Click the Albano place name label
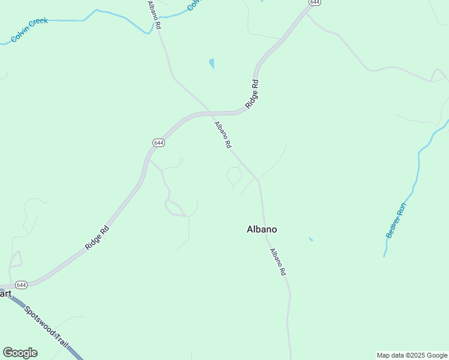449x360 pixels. (x=262, y=229)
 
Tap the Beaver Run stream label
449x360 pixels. (x=396, y=220)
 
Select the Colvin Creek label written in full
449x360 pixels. (x=29, y=30)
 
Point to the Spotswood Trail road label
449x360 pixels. (x=47, y=326)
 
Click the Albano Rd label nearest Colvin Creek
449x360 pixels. (x=154, y=15)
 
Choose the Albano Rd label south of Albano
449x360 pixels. (x=277, y=262)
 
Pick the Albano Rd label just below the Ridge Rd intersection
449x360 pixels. (x=223, y=134)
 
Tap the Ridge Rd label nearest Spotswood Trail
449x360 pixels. (x=97, y=237)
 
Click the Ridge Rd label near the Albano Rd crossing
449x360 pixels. (x=255, y=93)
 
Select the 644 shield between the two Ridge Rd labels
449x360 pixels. (x=158, y=143)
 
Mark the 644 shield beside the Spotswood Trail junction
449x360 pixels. (x=21, y=284)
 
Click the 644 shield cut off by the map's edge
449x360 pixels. (x=314, y=3)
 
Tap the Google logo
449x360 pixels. (x=20, y=353)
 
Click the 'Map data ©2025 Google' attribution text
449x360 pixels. (x=412, y=355)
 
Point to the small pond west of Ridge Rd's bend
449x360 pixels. (x=211, y=63)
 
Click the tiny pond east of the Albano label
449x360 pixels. (x=310, y=239)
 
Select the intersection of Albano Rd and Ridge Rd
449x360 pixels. (x=209, y=112)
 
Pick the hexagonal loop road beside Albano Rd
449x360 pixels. (x=234, y=175)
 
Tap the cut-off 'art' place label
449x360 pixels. (x=5, y=293)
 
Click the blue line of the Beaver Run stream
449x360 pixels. (x=416, y=174)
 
